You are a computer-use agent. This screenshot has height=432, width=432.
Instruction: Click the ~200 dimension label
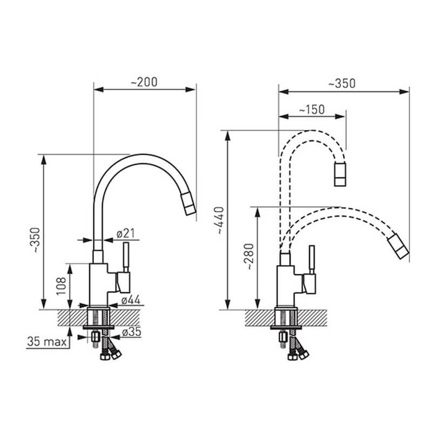point(144,82)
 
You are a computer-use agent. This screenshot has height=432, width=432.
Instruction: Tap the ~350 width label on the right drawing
point(342,84)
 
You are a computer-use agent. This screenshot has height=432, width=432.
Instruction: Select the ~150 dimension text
point(312,110)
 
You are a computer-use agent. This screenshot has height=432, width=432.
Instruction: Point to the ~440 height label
point(220,220)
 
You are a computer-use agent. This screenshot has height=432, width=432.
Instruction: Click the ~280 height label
point(249,256)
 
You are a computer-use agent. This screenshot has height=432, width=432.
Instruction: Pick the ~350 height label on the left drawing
point(36,240)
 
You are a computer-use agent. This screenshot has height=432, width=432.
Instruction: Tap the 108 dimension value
point(61,286)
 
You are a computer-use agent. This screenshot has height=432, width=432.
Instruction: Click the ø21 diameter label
point(126,234)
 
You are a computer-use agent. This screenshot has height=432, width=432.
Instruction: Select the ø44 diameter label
point(131,300)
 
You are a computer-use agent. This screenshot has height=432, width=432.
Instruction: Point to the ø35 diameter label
point(131,332)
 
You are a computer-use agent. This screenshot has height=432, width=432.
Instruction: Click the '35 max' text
point(47,342)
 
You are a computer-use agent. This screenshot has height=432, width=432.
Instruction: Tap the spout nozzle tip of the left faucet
point(188,204)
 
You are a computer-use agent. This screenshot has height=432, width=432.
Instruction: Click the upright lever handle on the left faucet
point(126,258)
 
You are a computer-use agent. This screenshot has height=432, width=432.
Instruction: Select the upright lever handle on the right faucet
point(312,260)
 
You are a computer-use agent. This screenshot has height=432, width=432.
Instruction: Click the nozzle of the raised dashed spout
point(340,174)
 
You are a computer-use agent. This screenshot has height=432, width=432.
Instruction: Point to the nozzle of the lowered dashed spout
point(398,246)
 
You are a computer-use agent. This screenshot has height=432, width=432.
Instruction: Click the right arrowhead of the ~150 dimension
point(340,117)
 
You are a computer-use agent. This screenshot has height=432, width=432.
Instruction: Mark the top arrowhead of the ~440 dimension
point(227,136)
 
